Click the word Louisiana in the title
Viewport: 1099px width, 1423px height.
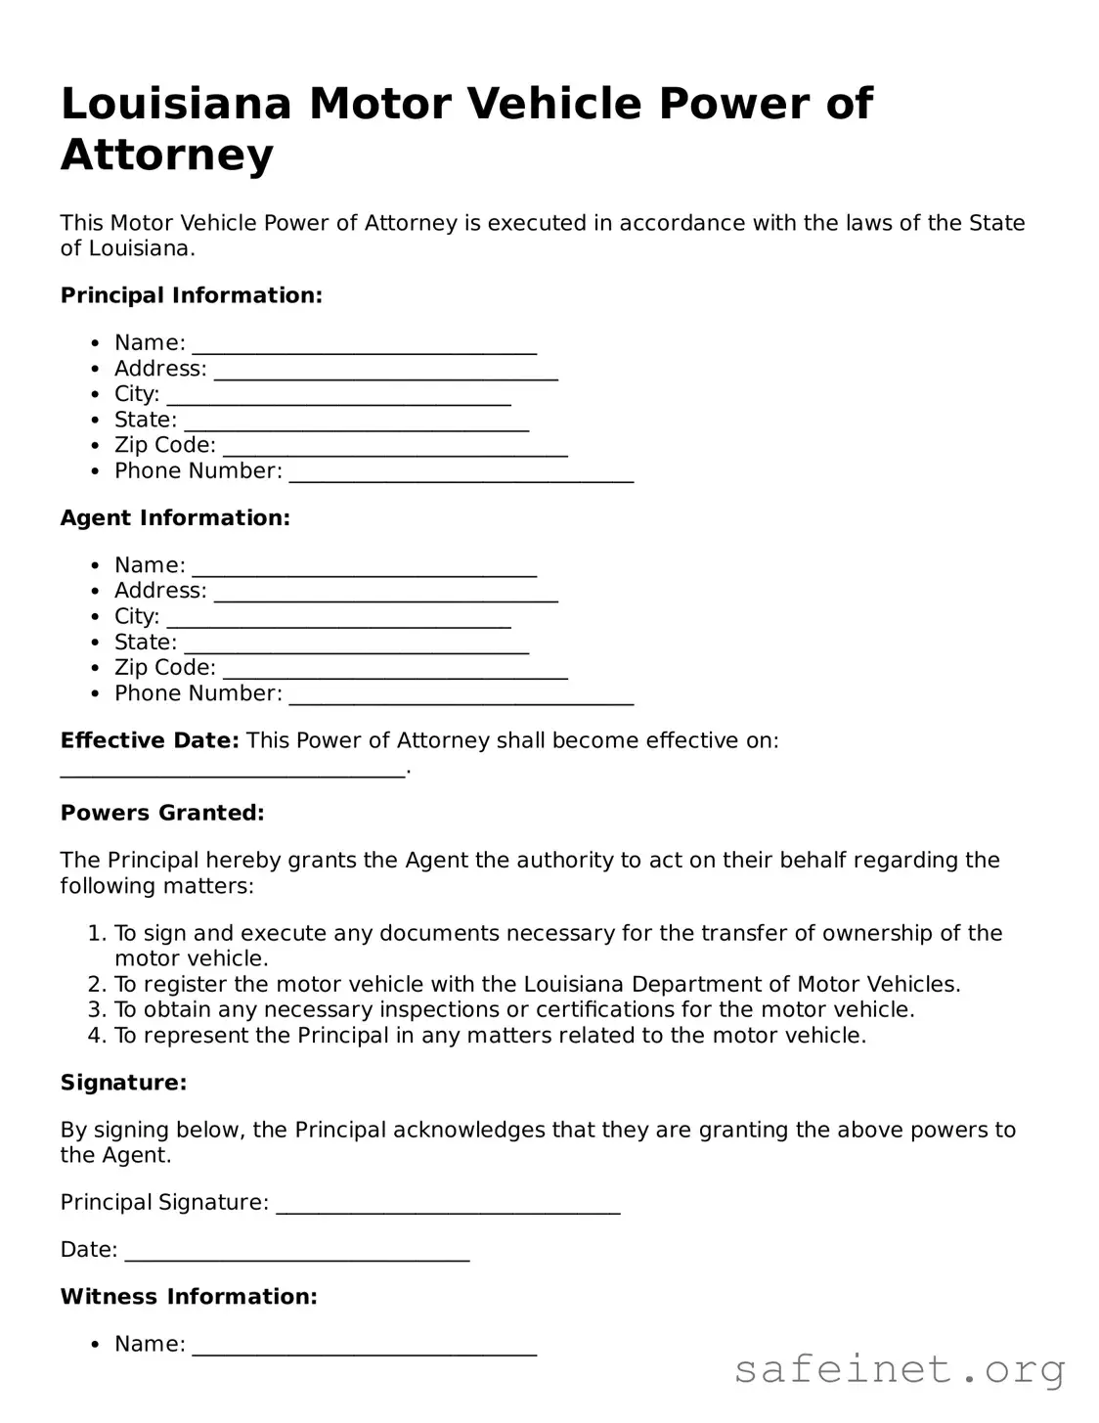(x=176, y=104)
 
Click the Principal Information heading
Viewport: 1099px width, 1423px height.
(x=191, y=295)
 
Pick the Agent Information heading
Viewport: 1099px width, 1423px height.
(x=175, y=517)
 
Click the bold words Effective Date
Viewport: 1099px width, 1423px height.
(x=149, y=740)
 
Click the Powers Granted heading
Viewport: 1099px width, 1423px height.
(x=162, y=813)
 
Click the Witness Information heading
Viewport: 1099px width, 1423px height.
(x=189, y=1297)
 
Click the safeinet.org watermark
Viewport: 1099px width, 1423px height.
(x=899, y=1369)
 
